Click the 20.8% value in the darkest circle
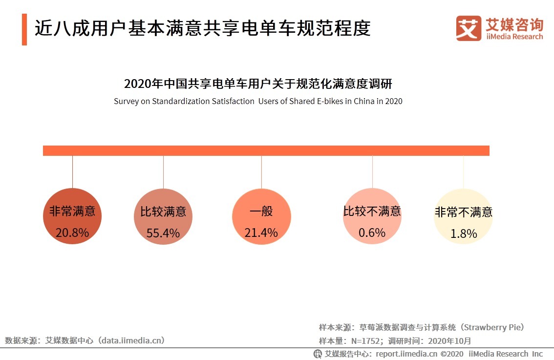click(72, 233)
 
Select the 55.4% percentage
click(163, 233)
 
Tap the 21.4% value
click(261, 233)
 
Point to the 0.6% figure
click(372, 233)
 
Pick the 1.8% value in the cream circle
click(463, 234)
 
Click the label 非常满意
click(72, 212)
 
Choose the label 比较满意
click(163, 212)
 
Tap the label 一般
click(261, 212)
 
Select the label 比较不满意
click(372, 212)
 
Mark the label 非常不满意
click(463, 212)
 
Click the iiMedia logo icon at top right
click(468, 28)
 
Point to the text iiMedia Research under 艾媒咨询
click(514, 37)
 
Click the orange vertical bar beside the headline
click(24, 29)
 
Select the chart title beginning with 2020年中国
click(258, 84)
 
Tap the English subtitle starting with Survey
click(258, 102)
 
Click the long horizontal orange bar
click(266, 150)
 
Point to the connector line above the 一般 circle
click(261, 171)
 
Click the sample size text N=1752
click(361, 341)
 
